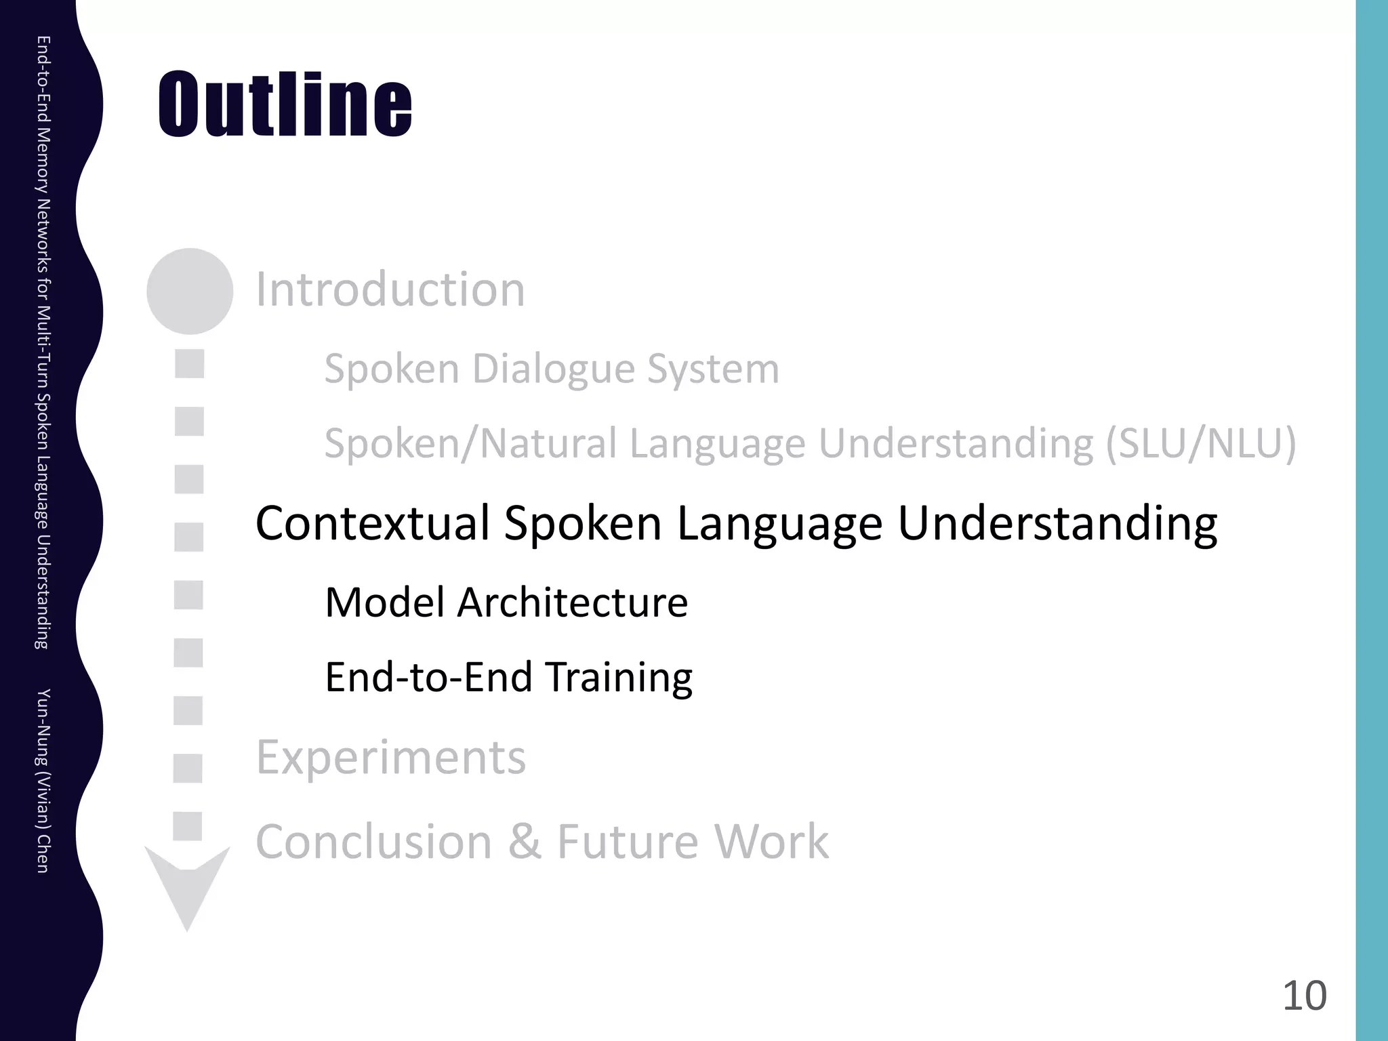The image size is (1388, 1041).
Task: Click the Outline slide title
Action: tap(285, 105)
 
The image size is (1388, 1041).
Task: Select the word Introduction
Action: tap(390, 289)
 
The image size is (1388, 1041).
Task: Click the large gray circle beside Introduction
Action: tap(190, 291)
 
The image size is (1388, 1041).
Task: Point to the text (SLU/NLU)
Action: tap(1201, 444)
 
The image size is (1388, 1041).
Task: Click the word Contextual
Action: tap(373, 523)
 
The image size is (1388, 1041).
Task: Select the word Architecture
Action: tap(573, 603)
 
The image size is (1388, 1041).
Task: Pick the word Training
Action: tap(619, 677)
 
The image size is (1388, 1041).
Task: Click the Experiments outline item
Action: tap(390, 757)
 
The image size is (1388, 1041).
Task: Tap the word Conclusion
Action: tap(373, 842)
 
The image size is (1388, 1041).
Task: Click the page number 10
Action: tap(1304, 996)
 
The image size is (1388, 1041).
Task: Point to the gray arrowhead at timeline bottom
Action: tap(188, 888)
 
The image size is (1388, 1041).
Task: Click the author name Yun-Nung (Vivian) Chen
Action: tap(42, 780)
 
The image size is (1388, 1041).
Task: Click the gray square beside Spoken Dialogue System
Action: tap(190, 364)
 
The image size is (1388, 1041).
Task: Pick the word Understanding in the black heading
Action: tap(1057, 523)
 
